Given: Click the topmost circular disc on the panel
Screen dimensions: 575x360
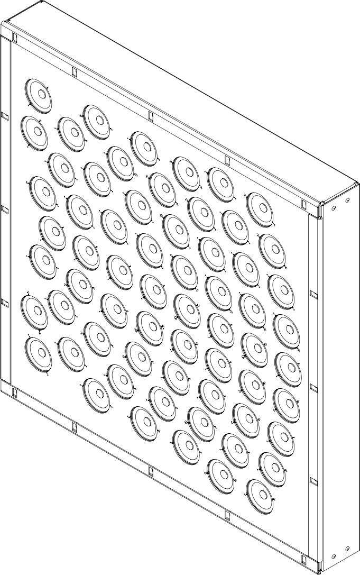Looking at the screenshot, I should (x=38, y=96).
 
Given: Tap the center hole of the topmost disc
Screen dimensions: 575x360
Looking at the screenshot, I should (x=40, y=94).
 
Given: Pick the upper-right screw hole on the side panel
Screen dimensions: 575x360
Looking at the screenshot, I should (x=347, y=200).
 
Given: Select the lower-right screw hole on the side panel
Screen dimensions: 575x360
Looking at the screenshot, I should (x=347, y=548).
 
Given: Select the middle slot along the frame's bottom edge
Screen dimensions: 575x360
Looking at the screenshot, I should (x=150, y=470).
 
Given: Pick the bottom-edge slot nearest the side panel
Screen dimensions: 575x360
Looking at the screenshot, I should (x=303, y=558).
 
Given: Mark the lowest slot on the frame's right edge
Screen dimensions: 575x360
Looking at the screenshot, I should (x=313, y=481).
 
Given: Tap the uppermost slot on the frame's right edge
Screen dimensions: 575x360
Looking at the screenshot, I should (x=313, y=293).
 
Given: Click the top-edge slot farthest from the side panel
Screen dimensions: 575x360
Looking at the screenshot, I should (x=14, y=38).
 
